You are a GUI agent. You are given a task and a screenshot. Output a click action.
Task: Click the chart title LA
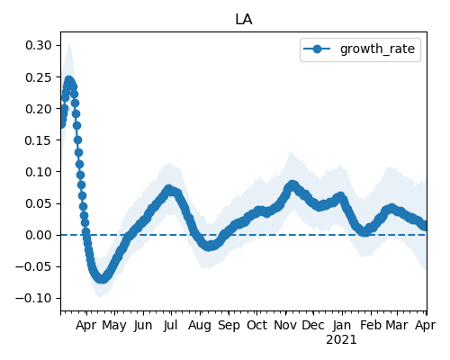tap(244, 20)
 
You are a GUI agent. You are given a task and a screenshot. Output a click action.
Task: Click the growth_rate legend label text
tap(377, 49)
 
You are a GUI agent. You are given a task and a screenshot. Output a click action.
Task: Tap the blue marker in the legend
tap(317, 49)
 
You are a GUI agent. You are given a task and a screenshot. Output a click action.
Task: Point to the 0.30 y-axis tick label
tap(39, 45)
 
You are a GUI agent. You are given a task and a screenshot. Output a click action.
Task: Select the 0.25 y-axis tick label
tap(39, 77)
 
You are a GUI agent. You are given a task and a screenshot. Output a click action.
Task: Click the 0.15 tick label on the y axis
tap(39, 140)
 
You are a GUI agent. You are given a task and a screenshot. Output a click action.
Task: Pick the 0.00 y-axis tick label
tap(39, 235)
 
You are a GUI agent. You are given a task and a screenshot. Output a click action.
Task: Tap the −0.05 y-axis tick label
tap(34, 266)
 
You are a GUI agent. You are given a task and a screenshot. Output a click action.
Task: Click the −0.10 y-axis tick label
tap(34, 298)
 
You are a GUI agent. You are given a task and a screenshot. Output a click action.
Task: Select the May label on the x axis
tap(114, 326)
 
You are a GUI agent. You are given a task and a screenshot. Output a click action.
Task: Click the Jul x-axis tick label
tap(171, 325)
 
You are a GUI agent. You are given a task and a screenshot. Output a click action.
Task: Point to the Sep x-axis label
tap(229, 326)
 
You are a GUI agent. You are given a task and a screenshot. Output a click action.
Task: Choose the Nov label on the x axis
tap(285, 325)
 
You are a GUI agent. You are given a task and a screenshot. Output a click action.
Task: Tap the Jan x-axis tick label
tap(342, 325)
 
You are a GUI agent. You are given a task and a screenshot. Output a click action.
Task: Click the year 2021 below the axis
tap(341, 340)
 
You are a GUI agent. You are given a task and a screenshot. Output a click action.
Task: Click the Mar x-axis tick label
tap(397, 325)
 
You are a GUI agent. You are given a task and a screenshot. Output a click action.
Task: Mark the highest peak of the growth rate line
tap(69, 80)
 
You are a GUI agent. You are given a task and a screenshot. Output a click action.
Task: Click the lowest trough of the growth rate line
tap(102, 279)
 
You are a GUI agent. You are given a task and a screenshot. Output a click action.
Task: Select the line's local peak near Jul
tap(169, 190)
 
